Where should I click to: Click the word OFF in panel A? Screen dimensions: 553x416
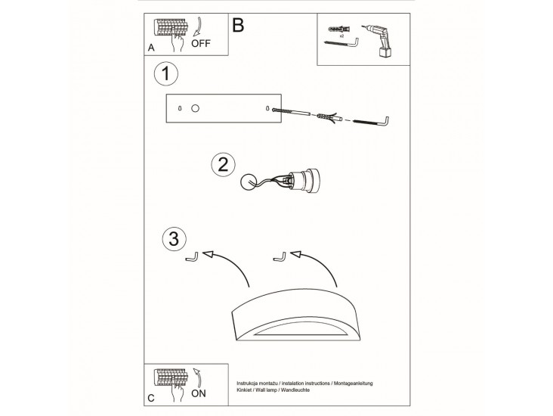pyautogui.click(x=201, y=43)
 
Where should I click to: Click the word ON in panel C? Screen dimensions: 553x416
pyautogui.click(x=199, y=393)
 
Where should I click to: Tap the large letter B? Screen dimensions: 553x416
pyautogui.click(x=238, y=25)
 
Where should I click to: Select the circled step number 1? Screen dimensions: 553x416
pyautogui.click(x=166, y=74)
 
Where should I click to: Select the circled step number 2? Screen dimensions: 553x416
pyautogui.click(x=224, y=165)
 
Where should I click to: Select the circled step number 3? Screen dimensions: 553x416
pyautogui.click(x=175, y=239)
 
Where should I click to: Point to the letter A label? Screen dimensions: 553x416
pyautogui.click(x=151, y=48)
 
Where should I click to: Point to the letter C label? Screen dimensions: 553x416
pyautogui.click(x=151, y=398)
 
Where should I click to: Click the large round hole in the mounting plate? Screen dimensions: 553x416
pyautogui.click(x=195, y=108)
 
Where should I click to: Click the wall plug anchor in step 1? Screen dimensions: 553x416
pyautogui.click(x=329, y=117)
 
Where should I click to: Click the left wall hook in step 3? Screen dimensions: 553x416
pyautogui.click(x=192, y=257)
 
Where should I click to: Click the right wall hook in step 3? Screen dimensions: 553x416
pyautogui.click(x=280, y=257)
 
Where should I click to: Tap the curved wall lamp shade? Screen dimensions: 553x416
pyautogui.click(x=295, y=315)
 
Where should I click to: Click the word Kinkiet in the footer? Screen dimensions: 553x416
pyautogui.click(x=244, y=390)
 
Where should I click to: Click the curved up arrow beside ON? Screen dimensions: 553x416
pyautogui.click(x=198, y=377)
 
